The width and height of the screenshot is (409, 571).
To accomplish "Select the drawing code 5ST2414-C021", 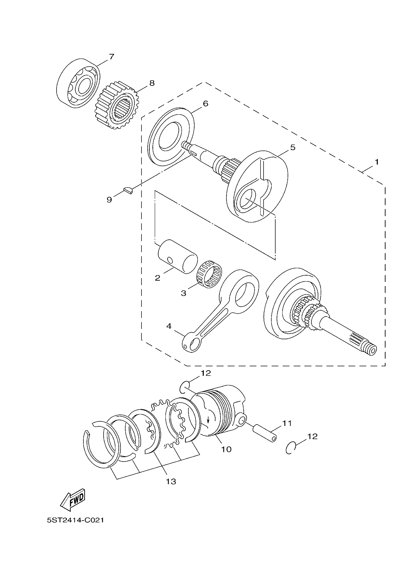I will coord(75,520).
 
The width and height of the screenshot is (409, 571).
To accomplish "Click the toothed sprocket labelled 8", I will coord(117,105).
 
